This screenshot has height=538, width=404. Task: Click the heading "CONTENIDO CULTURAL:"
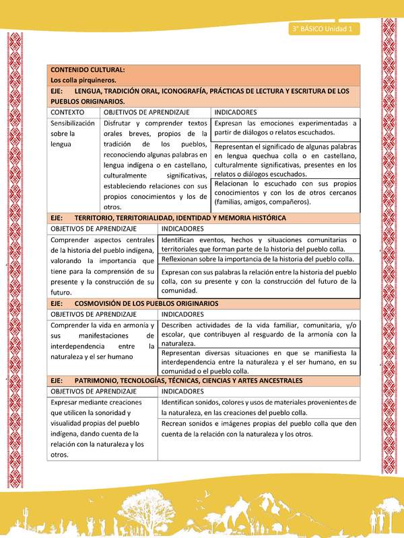point(87,70)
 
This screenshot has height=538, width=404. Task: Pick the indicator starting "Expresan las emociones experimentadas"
point(285,128)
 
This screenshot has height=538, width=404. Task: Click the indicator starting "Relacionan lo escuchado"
point(285,192)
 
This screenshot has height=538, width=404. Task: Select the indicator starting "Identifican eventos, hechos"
point(259,244)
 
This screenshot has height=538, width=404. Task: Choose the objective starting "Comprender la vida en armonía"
point(103,341)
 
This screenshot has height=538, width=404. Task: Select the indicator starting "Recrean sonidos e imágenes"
point(259,428)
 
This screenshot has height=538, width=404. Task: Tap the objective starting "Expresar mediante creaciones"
point(103,428)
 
